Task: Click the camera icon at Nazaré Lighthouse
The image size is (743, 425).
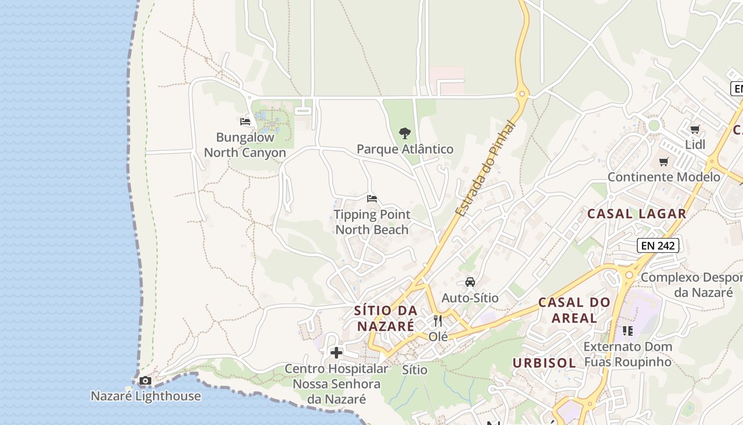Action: coord(145,381)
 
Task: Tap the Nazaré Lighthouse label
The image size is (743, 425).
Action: coord(145,396)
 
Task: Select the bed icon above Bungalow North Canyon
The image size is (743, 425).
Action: coord(245,122)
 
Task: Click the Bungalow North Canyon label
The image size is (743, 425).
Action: coord(245,145)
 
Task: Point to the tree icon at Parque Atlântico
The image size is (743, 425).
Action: coord(405,133)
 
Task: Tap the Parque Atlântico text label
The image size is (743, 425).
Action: coord(405,149)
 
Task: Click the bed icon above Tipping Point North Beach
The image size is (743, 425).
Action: coord(372,199)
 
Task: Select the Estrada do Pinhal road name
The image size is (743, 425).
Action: coord(485,169)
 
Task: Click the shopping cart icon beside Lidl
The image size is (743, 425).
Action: coord(695,129)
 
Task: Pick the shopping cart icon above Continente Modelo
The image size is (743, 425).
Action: coord(663,161)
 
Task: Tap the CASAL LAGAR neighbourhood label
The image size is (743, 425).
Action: coord(636,214)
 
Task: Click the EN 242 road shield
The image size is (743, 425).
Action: coord(658,245)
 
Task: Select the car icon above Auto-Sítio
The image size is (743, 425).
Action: coord(470,282)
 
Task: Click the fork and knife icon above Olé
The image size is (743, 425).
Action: coord(438,321)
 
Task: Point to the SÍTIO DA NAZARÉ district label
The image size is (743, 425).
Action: coord(385,318)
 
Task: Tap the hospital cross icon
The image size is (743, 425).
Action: coord(336,353)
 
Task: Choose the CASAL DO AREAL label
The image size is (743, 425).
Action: coord(574,310)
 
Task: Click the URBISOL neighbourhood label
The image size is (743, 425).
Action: coord(544,363)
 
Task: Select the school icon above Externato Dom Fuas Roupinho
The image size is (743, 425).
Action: coord(627,331)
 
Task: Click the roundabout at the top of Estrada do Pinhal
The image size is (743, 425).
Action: coord(523,95)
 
